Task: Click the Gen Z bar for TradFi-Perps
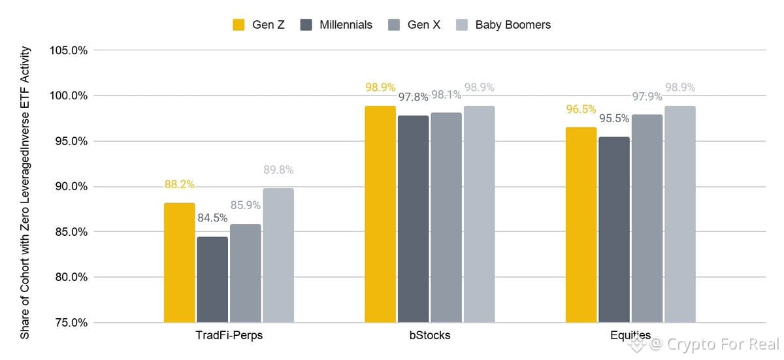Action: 179,263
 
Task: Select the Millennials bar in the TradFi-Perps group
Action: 212,280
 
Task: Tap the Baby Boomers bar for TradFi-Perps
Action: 278,255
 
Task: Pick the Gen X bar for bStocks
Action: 446,218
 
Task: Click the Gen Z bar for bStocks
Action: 380,214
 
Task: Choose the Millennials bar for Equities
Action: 614,230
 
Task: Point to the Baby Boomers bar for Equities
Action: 680,214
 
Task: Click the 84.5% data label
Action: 212,218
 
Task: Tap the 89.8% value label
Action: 278,170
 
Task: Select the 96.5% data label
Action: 581,109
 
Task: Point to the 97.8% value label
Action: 414,97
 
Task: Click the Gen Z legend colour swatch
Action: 238,25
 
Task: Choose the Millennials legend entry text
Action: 346,25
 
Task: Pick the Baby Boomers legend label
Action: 513,25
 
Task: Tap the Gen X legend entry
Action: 414,25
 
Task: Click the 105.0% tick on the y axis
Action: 69,50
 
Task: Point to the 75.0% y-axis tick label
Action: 71,323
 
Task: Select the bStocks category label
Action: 430,335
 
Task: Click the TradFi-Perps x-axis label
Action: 229,335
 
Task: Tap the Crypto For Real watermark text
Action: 723,344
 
